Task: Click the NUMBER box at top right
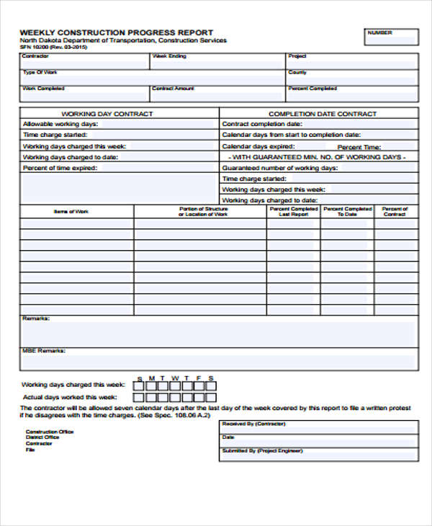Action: pyautogui.click(x=391, y=37)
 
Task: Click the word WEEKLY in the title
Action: pyautogui.click(x=37, y=32)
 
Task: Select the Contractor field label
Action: pyautogui.click(x=35, y=56)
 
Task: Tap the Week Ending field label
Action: pyautogui.click(x=168, y=56)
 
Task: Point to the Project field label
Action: pyautogui.click(x=297, y=56)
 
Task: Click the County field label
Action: pyautogui.click(x=297, y=72)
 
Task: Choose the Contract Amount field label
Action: pyautogui.click(x=173, y=89)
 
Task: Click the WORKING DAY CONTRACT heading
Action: pyautogui.click(x=107, y=114)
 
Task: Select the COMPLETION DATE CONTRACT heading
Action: pyautogui.click(x=322, y=114)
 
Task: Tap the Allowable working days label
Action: pyautogui.click(x=60, y=124)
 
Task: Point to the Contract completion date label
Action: pyautogui.click(x=261, y=124)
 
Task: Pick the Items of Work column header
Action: pyautogui.click(x=71, y=211)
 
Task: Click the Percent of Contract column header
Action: pyautogui.click(x=395, y=211)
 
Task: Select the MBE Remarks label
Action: pyautogui.click(x=44, y=351)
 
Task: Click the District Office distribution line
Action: pyautogui.click(x=42, y=437)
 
